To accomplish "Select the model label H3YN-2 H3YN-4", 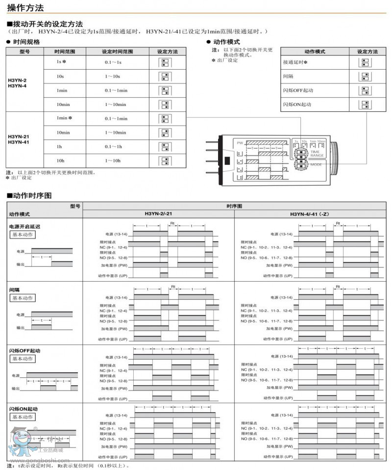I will click(18, 83).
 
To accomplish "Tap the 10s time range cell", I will click(60, 77).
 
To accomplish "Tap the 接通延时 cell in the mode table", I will click(294, 63).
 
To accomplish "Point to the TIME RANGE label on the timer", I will click(317, 153).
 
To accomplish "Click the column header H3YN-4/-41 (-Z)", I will click(312, 214).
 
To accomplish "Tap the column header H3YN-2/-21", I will click(158, 214).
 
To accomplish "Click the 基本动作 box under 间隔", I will click(23, 298).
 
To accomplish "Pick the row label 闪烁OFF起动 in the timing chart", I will click(24, 351).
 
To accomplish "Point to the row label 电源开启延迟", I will click(24, 227).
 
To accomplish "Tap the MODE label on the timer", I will click(316, 164).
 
